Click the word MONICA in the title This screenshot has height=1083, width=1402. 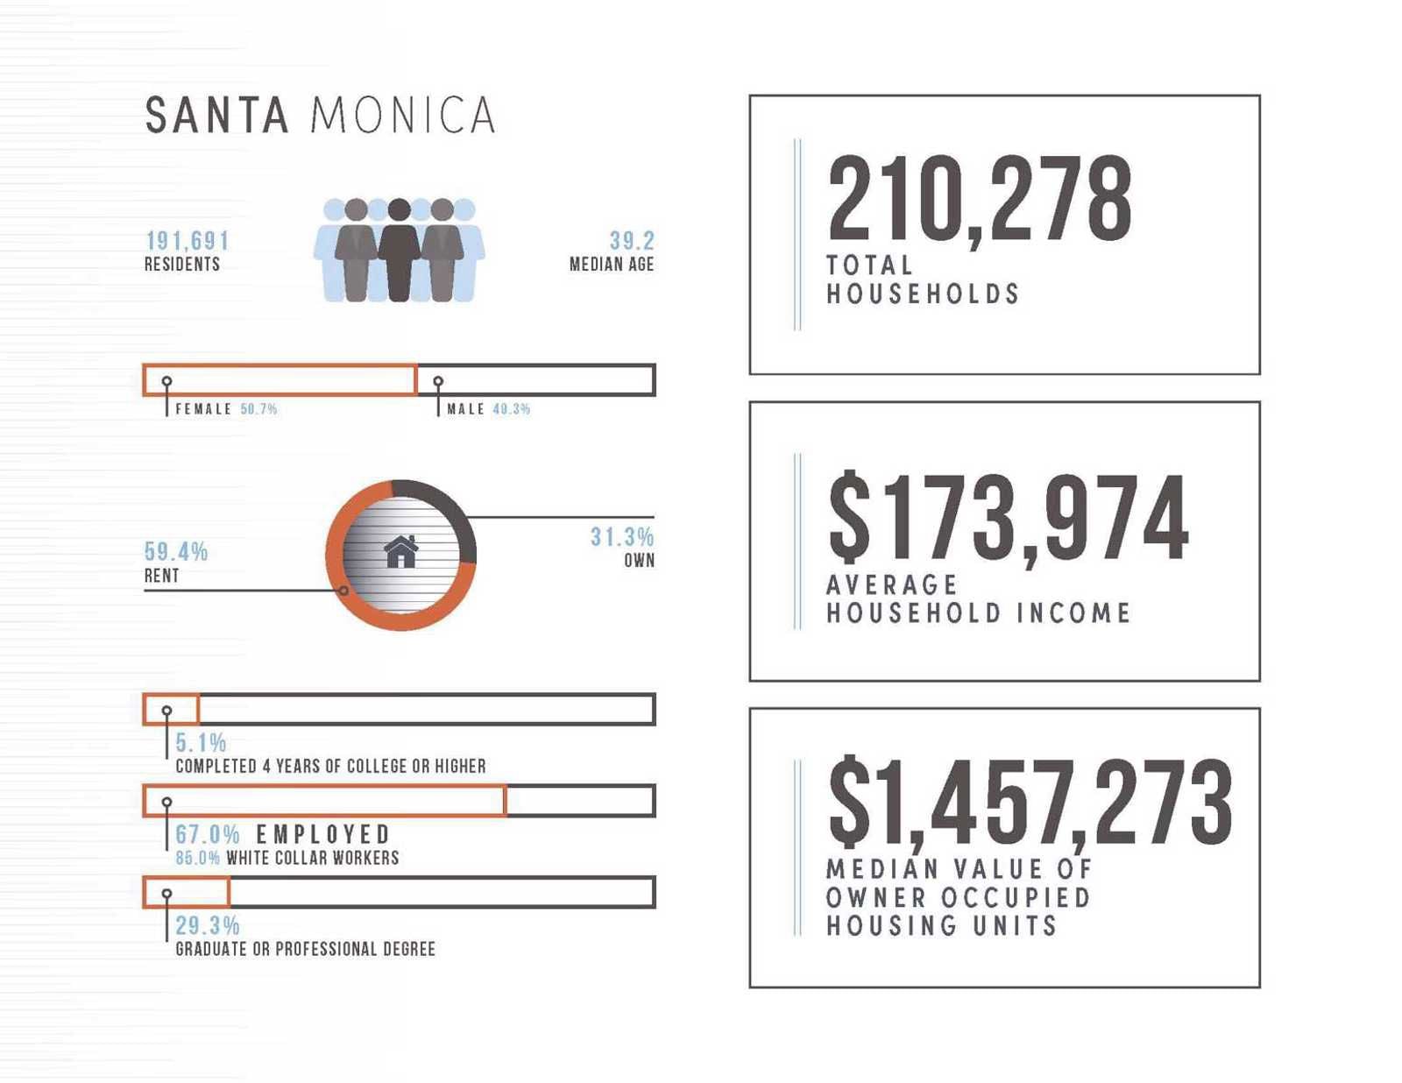coord(403,116)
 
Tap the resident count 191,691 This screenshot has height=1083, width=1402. coord(187,241)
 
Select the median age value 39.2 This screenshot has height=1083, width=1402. coord(631,241)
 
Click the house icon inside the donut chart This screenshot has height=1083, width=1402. coord(401,552)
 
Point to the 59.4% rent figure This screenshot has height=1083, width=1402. coord(176,552)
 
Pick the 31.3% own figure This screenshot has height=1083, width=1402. coord(621,537)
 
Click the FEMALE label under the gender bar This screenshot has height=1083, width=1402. coord(203,409)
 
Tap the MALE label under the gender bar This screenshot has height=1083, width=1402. coord(465,409)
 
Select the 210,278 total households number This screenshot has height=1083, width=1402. coord(979,200)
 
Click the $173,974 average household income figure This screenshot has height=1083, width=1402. coord(1008,519)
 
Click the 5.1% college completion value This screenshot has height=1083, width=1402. coord(201,743)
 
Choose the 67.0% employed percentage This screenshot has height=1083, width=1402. coord(207,834)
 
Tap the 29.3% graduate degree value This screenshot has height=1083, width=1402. coord(207,925)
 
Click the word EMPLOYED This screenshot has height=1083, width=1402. coord(322,834)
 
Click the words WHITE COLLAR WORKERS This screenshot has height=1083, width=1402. coord(312,858)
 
